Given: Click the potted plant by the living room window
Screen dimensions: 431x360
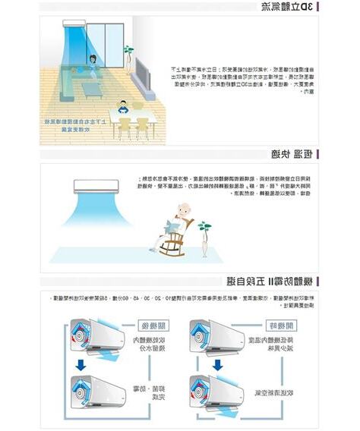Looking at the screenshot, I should click(x=128, y=53).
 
